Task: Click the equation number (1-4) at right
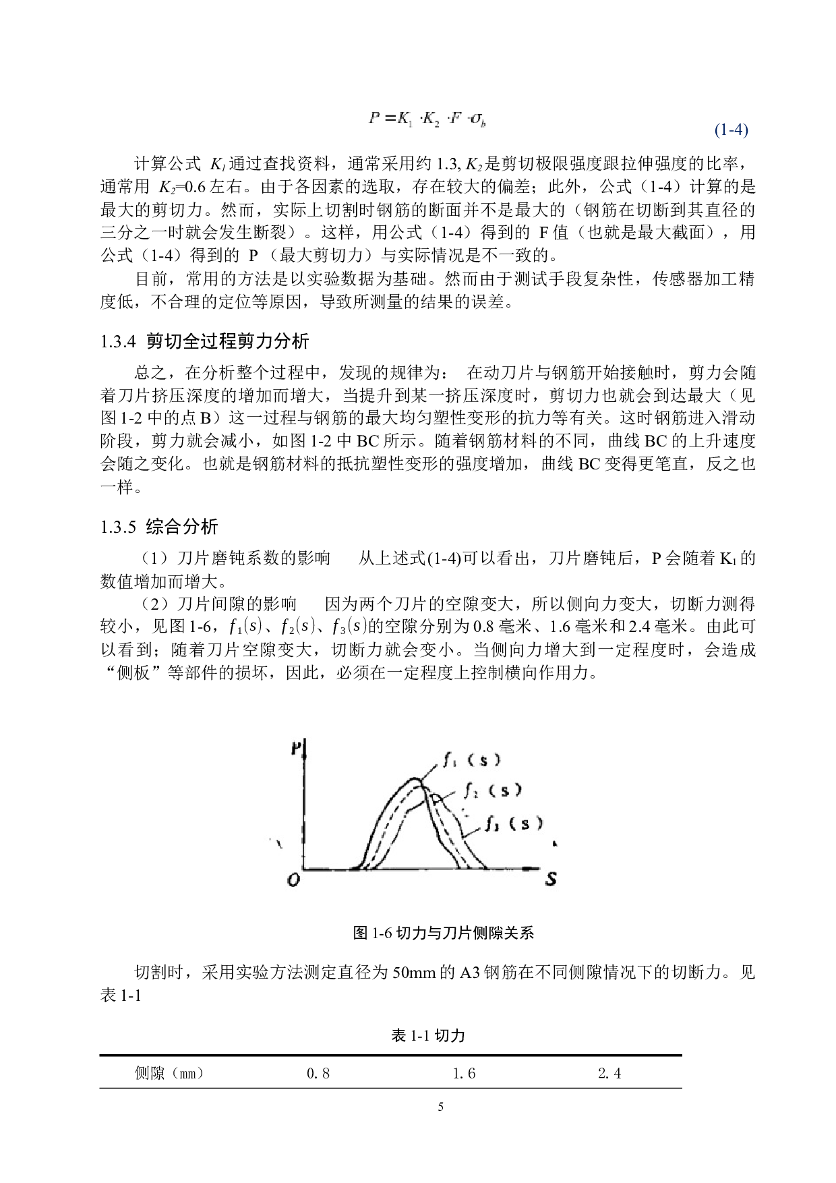731,129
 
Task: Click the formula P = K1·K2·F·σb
428,119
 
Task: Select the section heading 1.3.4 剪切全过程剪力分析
204,341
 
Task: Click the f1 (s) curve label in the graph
472,760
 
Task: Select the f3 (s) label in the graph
513,823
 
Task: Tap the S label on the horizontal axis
551,879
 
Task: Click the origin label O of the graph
293,879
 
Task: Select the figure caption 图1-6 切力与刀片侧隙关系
444,933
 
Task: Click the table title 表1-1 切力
428,1035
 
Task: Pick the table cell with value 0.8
318,1073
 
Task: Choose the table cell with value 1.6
464,1073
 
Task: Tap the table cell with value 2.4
609,1073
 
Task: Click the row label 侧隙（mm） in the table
169,1073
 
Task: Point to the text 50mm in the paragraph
414,973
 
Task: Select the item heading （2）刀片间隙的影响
216,604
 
